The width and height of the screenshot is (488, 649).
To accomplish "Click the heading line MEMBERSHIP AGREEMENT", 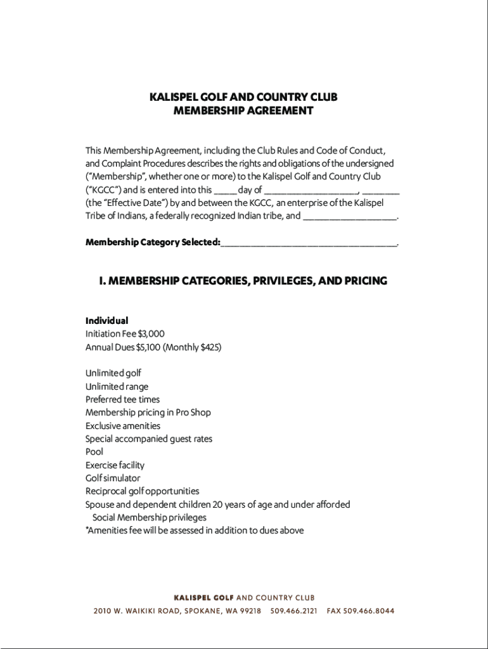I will pyautogui.click(x=243, y=111).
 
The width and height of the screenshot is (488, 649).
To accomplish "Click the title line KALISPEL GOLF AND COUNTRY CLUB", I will pyautogui.click(x=243, y=97).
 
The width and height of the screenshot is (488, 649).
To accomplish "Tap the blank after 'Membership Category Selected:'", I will pyautogui.click(x=309, y=243).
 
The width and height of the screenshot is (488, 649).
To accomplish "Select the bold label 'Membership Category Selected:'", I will pyautogui.click(x=153, y=243).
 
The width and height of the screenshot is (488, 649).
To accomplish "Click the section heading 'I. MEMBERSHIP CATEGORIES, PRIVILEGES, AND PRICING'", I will pyautogui.click(x=243, y=281).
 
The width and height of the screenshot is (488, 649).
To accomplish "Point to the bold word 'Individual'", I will pyautogui.click(x=106, y=321).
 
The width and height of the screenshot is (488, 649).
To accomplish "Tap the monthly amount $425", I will pyautogui.click(x=209, y=347).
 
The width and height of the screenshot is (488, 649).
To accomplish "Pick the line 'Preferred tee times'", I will pyautogui.click(x=122, y=399).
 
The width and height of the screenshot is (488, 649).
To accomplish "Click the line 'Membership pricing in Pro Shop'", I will pyautogui.click(x=148, y=413).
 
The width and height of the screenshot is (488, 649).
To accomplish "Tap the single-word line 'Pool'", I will pyautogui.click(x=94, y=452).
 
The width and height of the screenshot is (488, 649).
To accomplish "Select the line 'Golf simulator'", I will pyautogui.click(x=113, y=479).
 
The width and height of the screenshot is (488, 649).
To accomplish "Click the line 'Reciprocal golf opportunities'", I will pyautogui.click(x=142, y=491).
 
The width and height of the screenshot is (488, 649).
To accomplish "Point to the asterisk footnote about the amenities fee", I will pyautogui.click(x=195, y=530).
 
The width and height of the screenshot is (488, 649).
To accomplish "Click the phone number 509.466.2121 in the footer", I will pyautogui.click(x=293, y=611).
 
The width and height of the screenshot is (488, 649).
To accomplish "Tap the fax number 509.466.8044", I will pyautogui.click(x=370, y=611).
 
